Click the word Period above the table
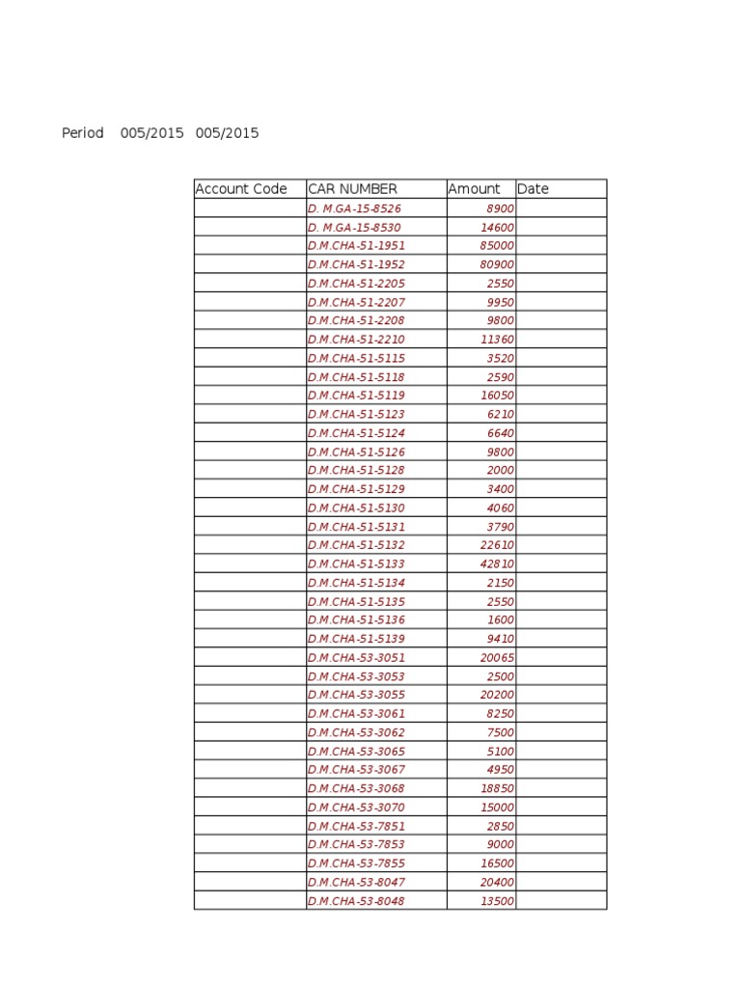[83, 133]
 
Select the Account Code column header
[241, 189]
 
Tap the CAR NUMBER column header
[352, 189]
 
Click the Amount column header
[474, 189]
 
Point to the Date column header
[533, 189]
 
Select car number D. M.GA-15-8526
[354, 208]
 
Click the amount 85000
[497, 246]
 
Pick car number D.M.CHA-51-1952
[356, 264]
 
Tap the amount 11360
[497, 340]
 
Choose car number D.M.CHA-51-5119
[356, 396]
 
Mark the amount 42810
[497, 563]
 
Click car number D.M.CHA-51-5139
[356, 639]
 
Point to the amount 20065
[497, 658]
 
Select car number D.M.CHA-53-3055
[356, 695]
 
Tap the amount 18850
[497, 788]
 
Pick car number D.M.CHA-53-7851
[356, 827]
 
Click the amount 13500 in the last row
[497, 901]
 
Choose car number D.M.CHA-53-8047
[356, 883]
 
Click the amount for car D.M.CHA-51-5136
[501, 620]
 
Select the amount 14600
[497, 228]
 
